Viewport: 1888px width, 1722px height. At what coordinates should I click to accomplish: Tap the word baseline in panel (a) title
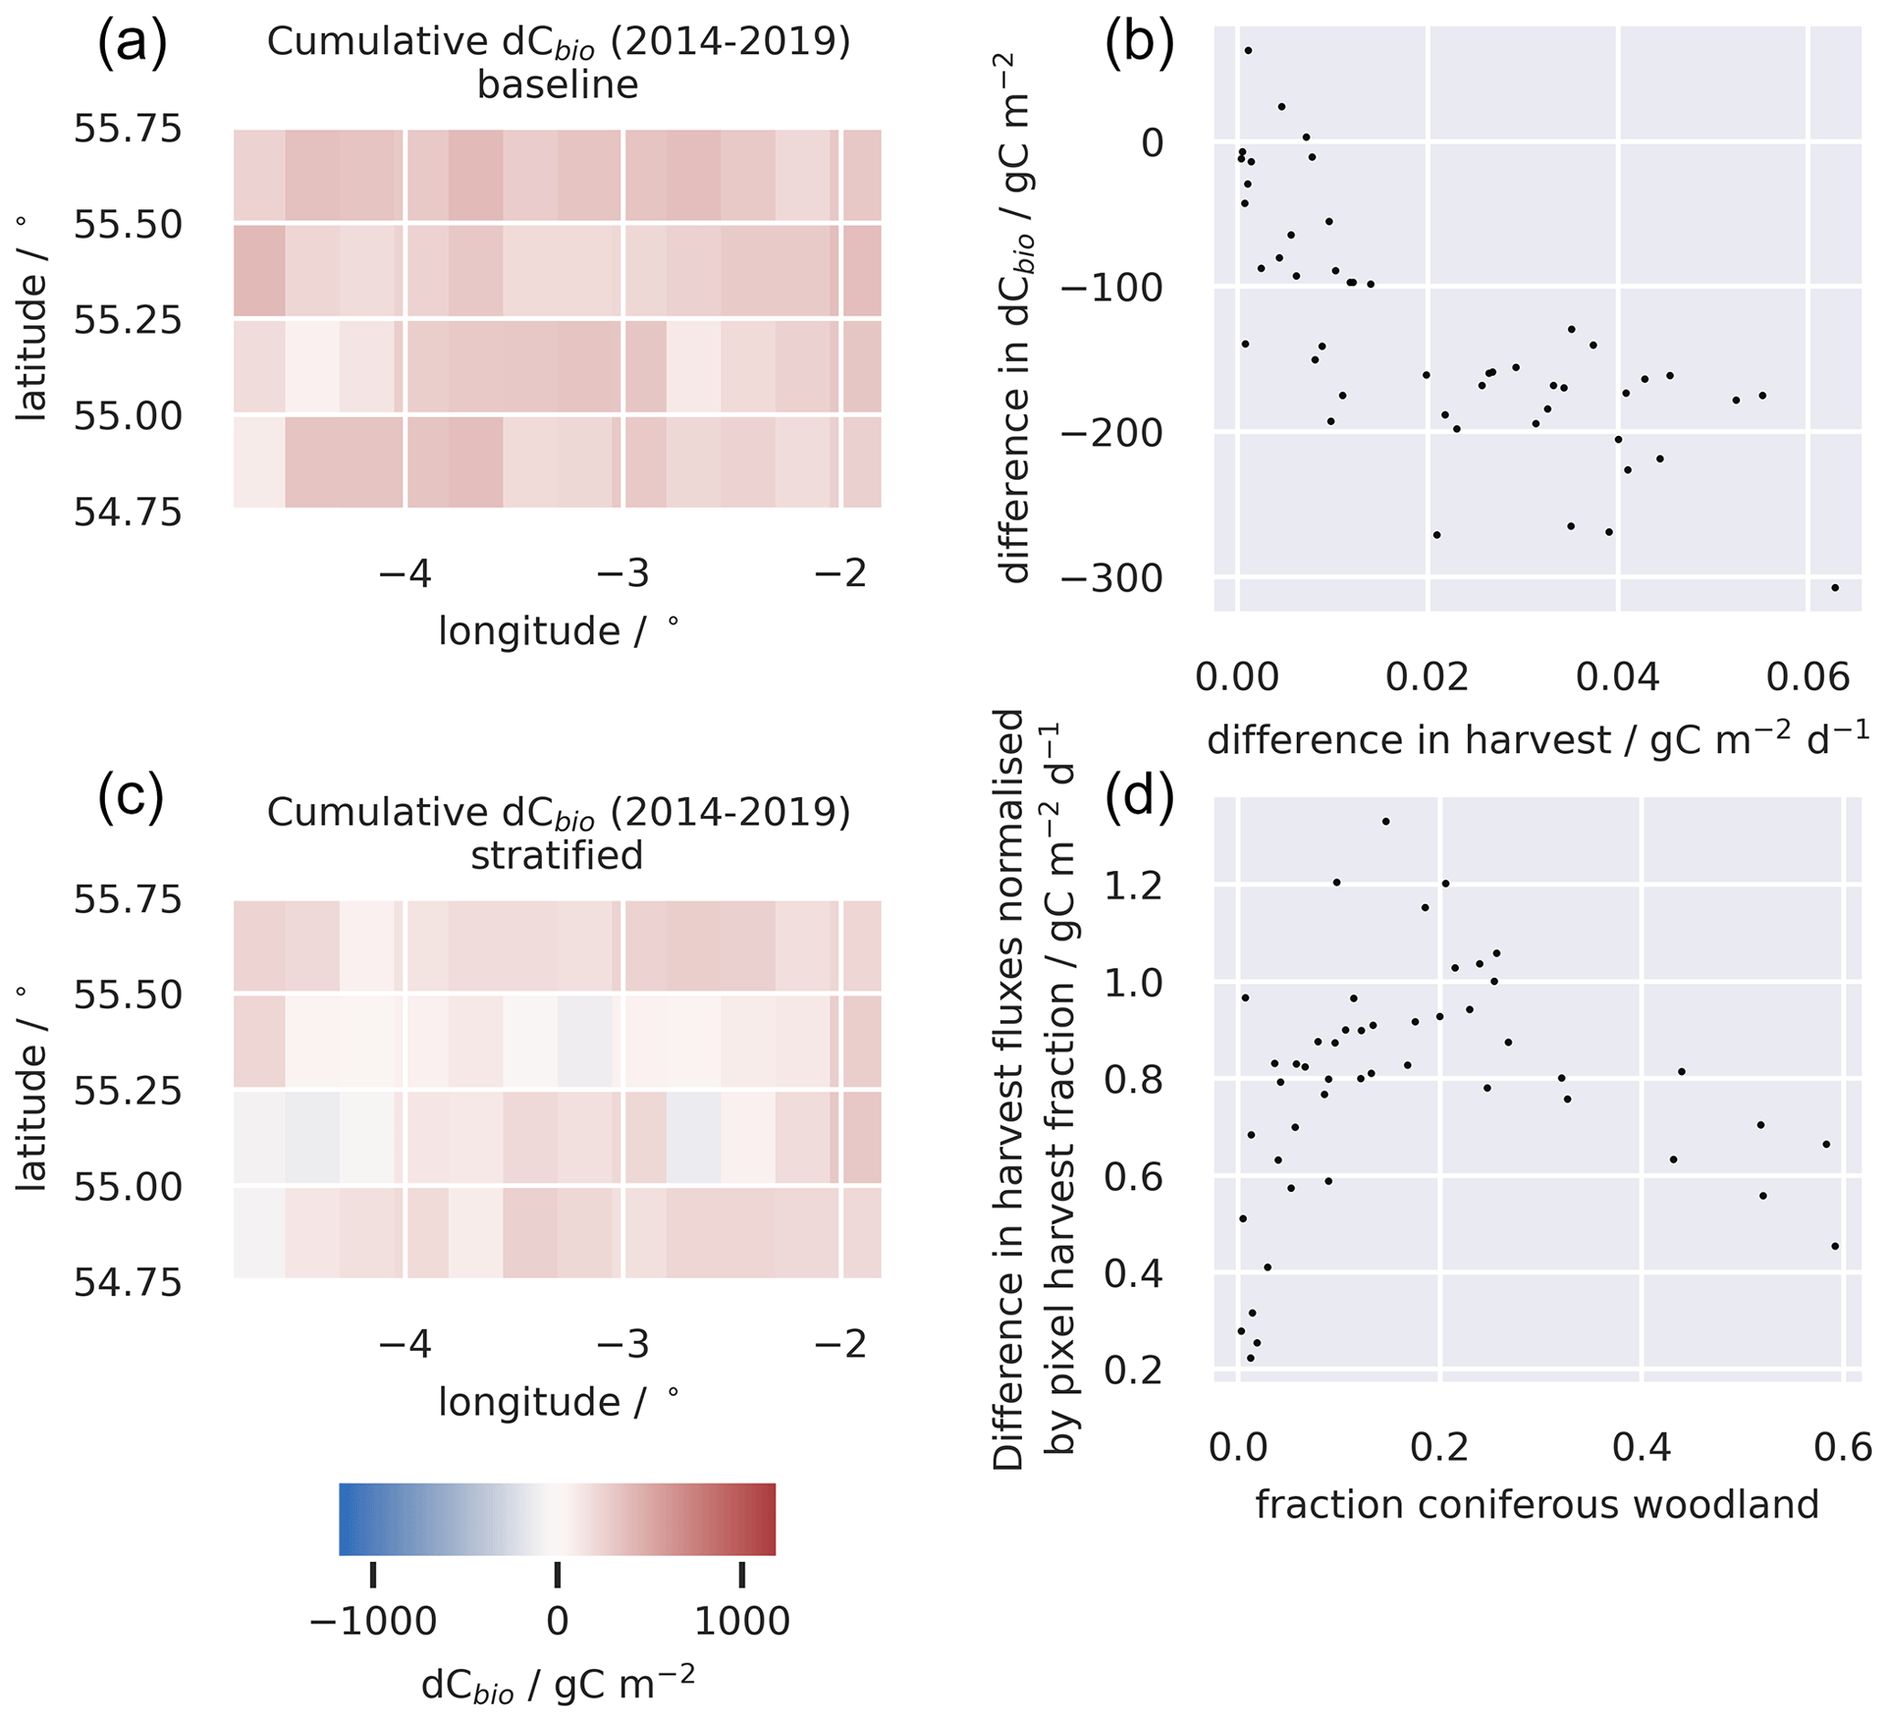point(557,85)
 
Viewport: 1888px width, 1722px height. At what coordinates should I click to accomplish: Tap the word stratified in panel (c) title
point(557,856)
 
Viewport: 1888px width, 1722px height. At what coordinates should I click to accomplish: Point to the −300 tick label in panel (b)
point(1112,578)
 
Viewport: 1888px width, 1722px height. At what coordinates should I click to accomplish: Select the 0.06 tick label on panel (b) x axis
point(1808,676)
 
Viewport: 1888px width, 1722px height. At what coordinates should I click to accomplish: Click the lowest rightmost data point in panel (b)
point(1835,588)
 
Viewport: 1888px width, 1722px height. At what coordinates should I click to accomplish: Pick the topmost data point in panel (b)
point(1248,50)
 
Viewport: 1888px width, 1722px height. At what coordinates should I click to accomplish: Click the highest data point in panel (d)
point(1386,822)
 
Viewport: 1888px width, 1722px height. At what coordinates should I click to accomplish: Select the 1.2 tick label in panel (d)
point(1134,885)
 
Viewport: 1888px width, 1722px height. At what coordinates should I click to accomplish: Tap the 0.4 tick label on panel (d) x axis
point(1641,1448)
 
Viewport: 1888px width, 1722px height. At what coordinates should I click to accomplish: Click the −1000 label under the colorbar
point(373,1620)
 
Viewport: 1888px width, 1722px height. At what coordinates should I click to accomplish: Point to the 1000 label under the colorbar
point(742,1620)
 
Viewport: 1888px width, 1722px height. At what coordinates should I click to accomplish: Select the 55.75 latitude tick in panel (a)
point(127,129)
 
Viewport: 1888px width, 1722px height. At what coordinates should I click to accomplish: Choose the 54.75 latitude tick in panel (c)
point(127,1281)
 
